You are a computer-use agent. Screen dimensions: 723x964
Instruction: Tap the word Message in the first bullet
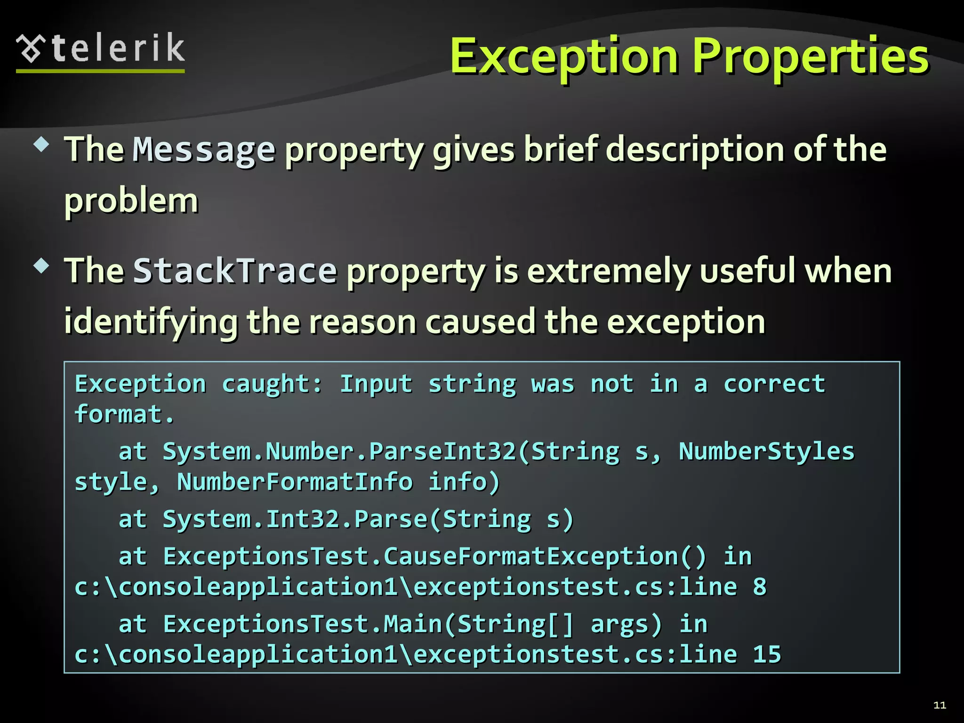tap(204, 150)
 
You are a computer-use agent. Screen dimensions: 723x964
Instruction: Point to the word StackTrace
tap(235, 271)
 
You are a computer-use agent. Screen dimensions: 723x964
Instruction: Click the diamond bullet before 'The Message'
tap(41, 144)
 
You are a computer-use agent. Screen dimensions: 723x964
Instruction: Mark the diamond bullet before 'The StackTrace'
tap(41, 266)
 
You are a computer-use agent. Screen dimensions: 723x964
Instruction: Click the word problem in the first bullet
tap(131, 201)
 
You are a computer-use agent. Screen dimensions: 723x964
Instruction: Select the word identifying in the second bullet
tap(151, 323)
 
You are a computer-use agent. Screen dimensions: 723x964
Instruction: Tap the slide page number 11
tap(940, 705)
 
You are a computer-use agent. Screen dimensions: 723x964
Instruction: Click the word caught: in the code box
tap(272, 384)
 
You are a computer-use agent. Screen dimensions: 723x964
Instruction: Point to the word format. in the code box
tap(124, 415)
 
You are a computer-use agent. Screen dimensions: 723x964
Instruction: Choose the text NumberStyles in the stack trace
tap(766, 451)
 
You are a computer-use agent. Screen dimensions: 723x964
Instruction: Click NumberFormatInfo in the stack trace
tap(295, 482)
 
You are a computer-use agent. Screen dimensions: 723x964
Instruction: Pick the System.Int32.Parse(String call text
tap(346, 519)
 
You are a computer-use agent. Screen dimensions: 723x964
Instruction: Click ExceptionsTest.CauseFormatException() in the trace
tap(434, 556)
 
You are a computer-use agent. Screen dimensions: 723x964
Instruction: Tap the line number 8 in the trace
tap(759, 587)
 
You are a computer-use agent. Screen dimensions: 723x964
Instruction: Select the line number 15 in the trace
tap(767, 655)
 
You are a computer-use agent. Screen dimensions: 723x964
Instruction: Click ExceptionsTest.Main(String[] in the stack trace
tap(369, 624)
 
